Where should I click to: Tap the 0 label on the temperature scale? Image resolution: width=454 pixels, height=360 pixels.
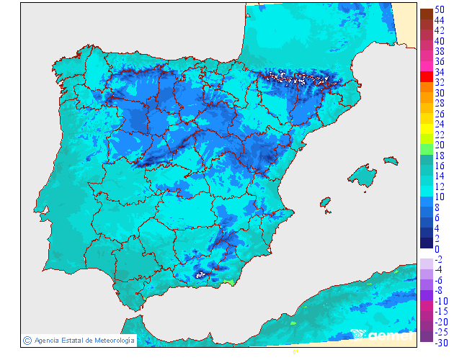pos(437,248)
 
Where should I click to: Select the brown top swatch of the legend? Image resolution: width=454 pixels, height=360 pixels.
pos(426,14)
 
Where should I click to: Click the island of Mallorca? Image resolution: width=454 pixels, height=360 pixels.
pos(362,176)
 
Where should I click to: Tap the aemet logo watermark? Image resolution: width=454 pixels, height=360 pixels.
pos(382,335)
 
